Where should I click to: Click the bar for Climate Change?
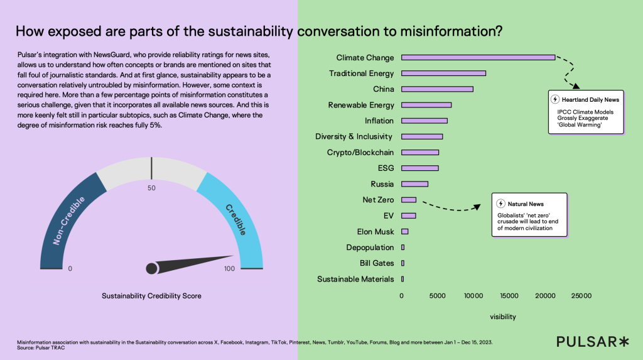point(478,57)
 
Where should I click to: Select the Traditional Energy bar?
point(443,74)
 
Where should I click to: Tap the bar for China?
point(437,89)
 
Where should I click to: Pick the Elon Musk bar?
point(404,232)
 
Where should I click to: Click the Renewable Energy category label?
point(361,105)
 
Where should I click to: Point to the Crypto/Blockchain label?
point(360,153)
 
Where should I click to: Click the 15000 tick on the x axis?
point(509,295)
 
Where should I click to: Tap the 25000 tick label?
point(581,295)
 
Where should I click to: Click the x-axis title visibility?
point(502,317)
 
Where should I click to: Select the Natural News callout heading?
point(526,204)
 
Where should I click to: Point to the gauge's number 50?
point(151,188)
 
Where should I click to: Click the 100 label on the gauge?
point(229,269)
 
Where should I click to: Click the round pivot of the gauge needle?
point(151,269)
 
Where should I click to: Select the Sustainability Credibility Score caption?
point(151,295)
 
